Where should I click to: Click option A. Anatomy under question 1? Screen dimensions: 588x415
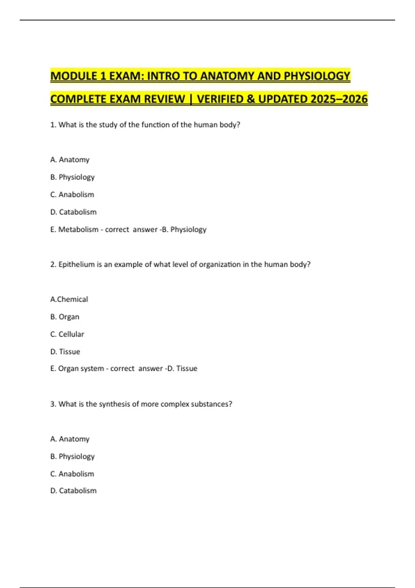70,159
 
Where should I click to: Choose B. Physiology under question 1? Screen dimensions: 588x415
72,177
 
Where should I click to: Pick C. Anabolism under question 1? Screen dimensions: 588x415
72,194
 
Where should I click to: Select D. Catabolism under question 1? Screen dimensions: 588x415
73,212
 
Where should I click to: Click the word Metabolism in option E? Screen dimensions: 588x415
78,229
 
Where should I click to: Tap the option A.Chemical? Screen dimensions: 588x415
69,299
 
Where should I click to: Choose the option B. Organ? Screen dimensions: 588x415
65,317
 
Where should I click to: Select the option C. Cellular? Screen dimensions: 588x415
67,334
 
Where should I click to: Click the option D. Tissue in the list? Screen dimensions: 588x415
65,351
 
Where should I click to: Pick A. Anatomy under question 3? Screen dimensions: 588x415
70,439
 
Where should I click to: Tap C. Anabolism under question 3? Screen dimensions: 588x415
72,474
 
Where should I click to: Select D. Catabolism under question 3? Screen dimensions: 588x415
73,490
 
